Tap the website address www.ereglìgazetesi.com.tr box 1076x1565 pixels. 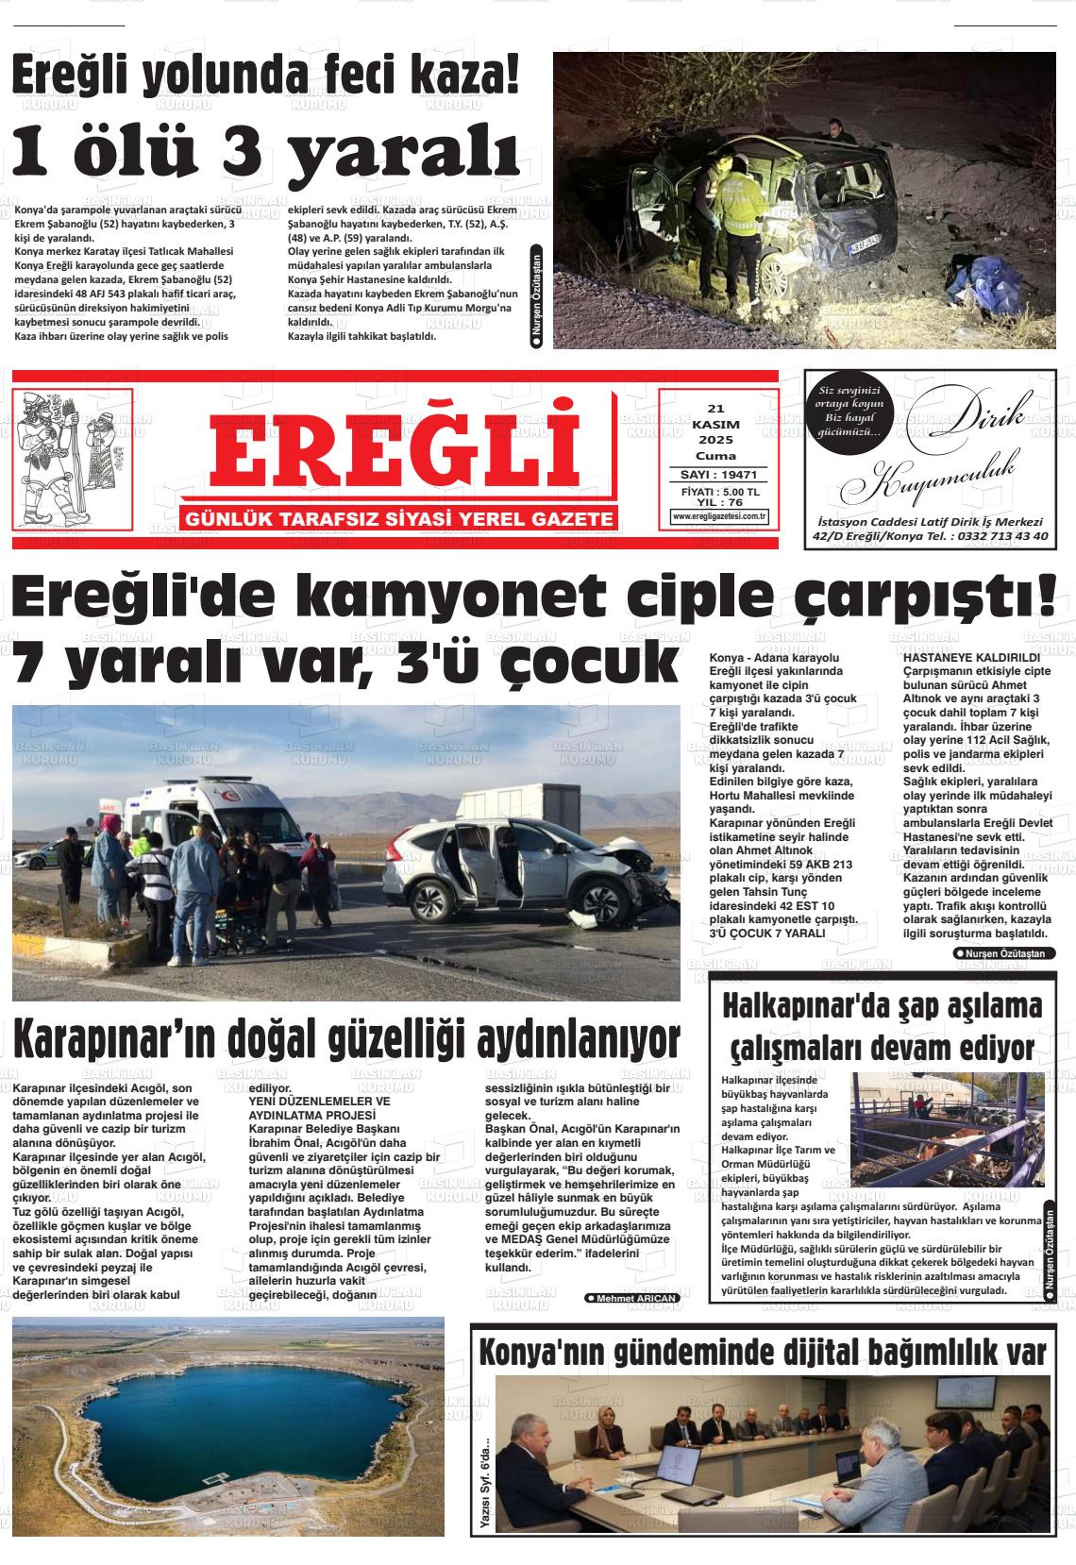[719, 516]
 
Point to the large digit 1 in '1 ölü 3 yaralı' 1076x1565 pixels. [39, 151]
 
